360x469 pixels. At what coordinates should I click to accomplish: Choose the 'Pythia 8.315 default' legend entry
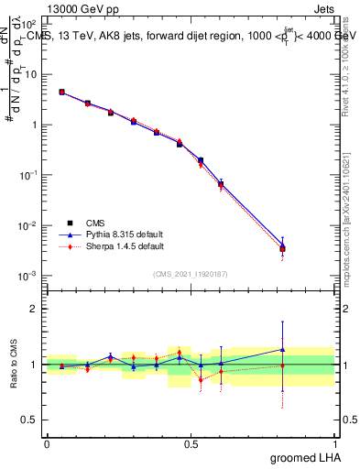click(107, 234)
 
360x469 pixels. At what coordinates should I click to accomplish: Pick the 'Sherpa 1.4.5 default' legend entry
click(107, 245)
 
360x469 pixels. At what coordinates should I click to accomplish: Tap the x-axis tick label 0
click(47, 443)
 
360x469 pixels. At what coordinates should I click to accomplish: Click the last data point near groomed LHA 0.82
click(282, 247)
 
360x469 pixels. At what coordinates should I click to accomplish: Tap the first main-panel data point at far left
click(61, 92)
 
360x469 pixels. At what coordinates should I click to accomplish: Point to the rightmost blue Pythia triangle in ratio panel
click(282, 349)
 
